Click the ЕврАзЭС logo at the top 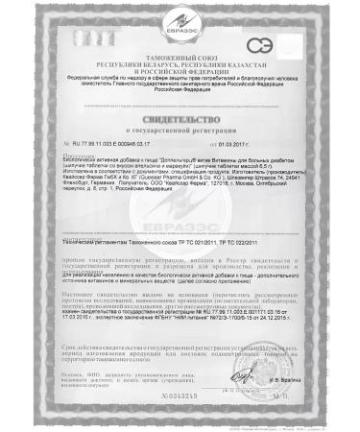click(180, 18)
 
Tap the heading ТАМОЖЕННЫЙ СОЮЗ click(180, 44)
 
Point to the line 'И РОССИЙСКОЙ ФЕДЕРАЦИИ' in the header click(180, 58)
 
